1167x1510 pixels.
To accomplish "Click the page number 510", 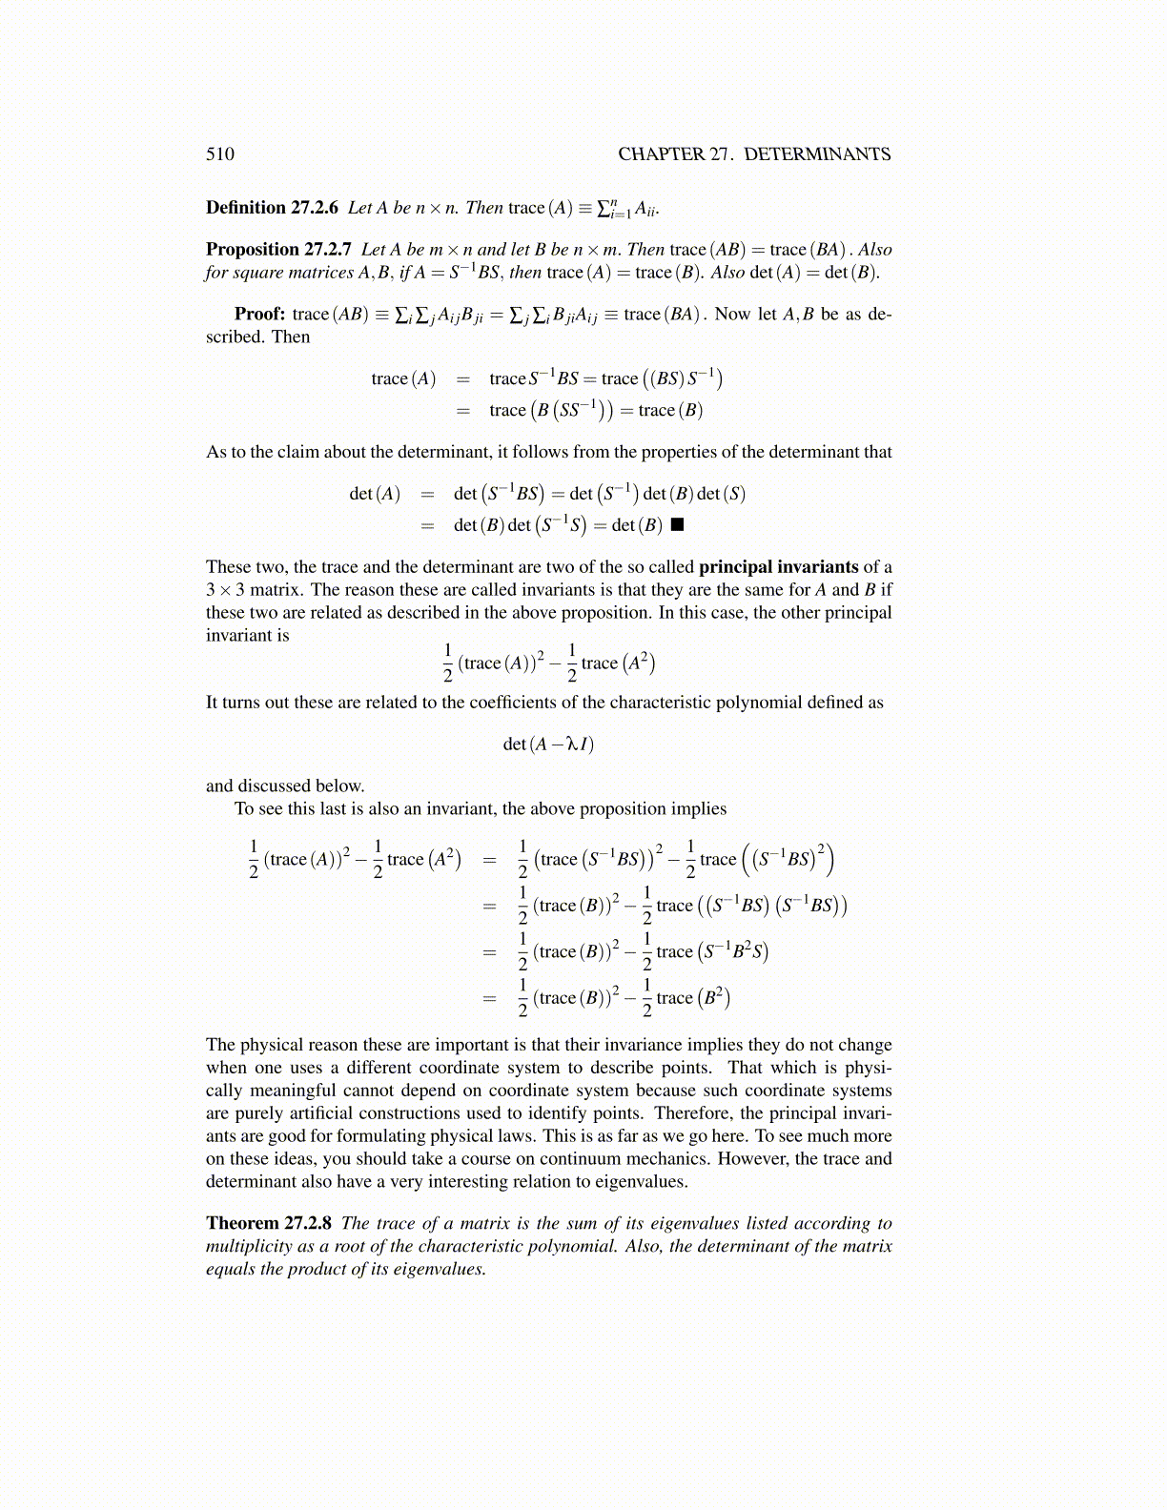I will (x=220, y=154).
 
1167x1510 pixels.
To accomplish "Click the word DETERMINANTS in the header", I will (x=817, y=154).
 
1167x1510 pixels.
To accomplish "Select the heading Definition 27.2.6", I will (x=272, y=208).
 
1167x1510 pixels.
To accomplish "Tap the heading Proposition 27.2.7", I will (x=278, y=250).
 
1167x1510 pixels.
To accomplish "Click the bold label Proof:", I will (x=259, y=315).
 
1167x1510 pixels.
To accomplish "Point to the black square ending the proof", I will (x=677, y=524).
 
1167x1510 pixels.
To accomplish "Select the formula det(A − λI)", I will (x=548, y=745).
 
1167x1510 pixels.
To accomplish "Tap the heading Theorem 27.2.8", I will (x=269, y=1223).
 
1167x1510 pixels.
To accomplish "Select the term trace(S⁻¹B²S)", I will (x=712, y=951).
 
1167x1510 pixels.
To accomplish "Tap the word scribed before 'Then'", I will (x=234, y=337).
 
